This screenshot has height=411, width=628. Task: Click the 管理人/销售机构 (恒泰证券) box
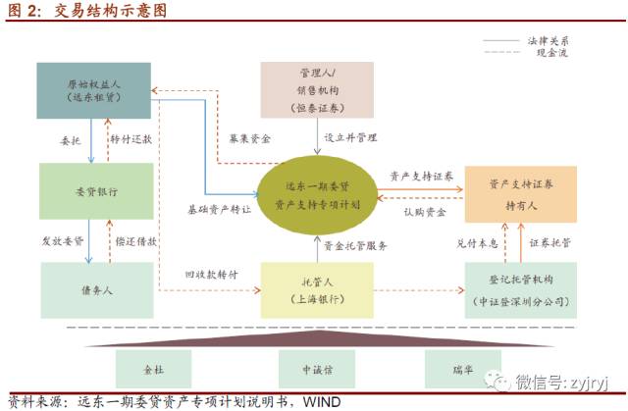(317, 91)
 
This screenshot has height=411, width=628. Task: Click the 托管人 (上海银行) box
(317, 289)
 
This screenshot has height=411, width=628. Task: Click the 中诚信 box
(317, 371)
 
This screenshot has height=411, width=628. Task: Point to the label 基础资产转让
(219, 209)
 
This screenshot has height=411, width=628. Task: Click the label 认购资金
(425, 211)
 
